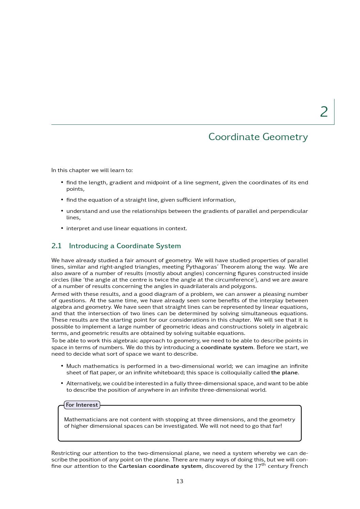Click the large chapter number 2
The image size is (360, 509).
324,112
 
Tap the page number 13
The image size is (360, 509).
180,481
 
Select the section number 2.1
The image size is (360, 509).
56,246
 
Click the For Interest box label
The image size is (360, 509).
82,405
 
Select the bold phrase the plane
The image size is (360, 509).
284,373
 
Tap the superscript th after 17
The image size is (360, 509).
263,464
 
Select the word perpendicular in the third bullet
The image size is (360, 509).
289,211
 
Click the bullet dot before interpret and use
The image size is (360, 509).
62,228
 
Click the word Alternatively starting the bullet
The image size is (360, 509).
83,384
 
